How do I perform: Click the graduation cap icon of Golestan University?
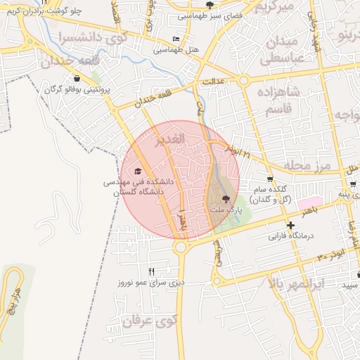(139, 171)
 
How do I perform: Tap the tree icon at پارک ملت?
(226, 199)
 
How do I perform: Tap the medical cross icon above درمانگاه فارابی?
(290, 225)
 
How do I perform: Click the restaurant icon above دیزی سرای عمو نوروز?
(151, 271)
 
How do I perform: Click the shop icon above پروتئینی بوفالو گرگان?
(76, 79)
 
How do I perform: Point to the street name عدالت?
(213, 82)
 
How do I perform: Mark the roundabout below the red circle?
(181, 247)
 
